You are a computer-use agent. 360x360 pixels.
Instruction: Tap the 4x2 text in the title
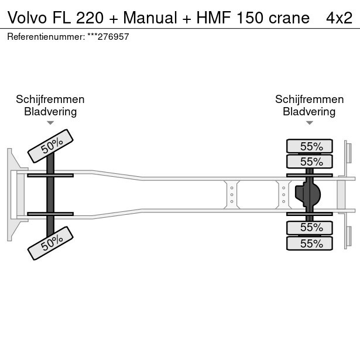coord(339,18)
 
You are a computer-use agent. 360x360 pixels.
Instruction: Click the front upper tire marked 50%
coord(51,145)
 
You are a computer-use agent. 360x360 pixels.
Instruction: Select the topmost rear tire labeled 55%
coord(309,146)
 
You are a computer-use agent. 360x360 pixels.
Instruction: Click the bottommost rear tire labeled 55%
coord(309,244)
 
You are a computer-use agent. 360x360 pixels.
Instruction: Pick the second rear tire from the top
coord(309,162)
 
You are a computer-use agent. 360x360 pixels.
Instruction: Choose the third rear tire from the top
coord(309,227)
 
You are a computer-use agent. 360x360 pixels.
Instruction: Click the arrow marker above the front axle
coord(50,123)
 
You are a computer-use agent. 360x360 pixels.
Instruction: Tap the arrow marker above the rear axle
coord(309,123)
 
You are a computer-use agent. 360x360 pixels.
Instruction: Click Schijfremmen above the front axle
coord(50,100)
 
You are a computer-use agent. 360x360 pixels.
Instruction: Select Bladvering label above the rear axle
coord(309,112)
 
